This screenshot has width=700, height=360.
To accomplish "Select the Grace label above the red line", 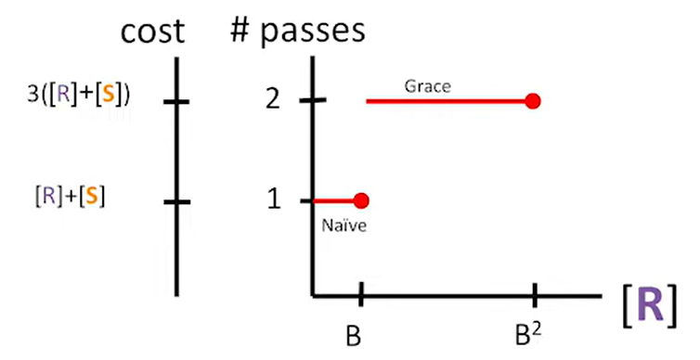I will tap(427, 86).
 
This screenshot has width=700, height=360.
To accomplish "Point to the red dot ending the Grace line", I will tap(532, 100).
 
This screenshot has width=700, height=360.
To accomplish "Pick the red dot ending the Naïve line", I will tap(361, 200).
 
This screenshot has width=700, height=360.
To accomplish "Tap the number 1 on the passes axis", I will tap(274, 199).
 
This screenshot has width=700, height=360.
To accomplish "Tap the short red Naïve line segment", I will tap(334, 200).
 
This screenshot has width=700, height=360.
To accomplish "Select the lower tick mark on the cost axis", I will tap(176, 200).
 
